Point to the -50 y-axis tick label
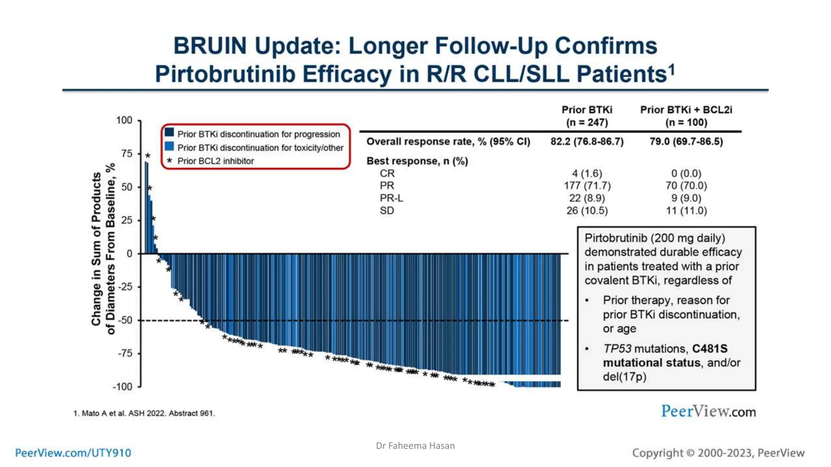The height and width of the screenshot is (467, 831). (125, 320)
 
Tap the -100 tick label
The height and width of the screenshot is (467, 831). (123, 387)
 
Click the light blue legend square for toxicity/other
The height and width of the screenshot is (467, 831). (169, 146)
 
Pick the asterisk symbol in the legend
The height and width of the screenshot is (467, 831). (170, 161)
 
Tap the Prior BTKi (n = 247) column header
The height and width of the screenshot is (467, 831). (587, 116)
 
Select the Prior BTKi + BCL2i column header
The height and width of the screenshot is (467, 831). (686, 116)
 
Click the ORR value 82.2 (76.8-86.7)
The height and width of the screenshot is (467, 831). (587, 141)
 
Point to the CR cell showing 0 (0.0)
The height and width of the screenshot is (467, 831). (686, 174)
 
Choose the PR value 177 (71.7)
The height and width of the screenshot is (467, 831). (587, 186)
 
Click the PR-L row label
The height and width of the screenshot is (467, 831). (391, 198)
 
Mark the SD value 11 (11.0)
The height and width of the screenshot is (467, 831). (686, 211)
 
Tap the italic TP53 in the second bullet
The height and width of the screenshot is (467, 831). (617, 349)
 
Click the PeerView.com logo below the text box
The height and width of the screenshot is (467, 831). (708, 411)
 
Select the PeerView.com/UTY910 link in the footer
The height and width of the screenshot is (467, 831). (73, 453)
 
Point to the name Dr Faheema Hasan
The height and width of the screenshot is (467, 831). (415, 446)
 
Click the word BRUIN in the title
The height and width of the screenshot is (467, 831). (210, 46)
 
